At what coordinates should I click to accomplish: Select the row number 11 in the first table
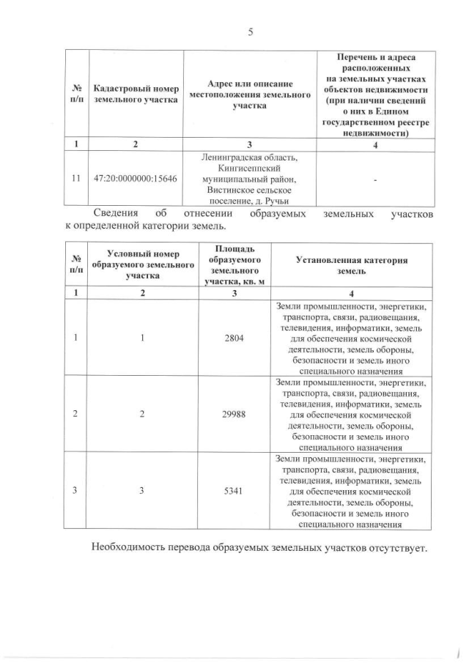[75, 179]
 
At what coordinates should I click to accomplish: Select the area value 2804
[234, 338]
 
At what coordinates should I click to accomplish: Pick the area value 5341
[234, 490]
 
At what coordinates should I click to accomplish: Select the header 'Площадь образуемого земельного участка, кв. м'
[234, 265]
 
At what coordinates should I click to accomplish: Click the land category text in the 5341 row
[351, 490]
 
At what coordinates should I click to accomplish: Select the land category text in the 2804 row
[351, 338]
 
